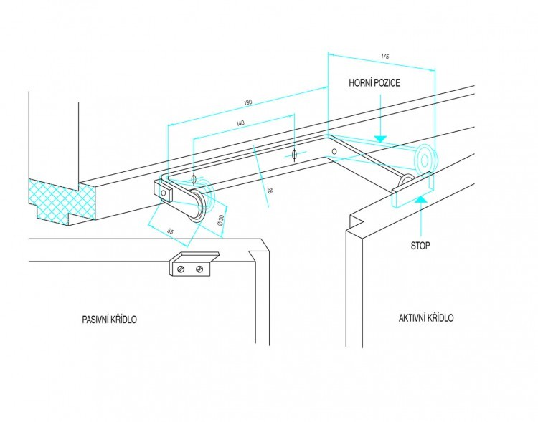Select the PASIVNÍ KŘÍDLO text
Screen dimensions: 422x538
click(x=109, y=320)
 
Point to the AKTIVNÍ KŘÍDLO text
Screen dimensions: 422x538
click(x=426, y=318)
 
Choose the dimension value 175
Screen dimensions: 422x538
click(x=384, y=56)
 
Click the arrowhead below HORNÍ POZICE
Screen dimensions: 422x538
click(x=380, y=137)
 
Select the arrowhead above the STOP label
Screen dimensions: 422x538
click(x=421, y=200)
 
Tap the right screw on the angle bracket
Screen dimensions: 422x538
click(x=200, y=269)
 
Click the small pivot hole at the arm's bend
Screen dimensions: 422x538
click(x=334, y=152)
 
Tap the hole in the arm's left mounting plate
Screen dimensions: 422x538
click(x=164, y=193)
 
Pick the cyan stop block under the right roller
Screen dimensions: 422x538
click(x=412, y=190)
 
